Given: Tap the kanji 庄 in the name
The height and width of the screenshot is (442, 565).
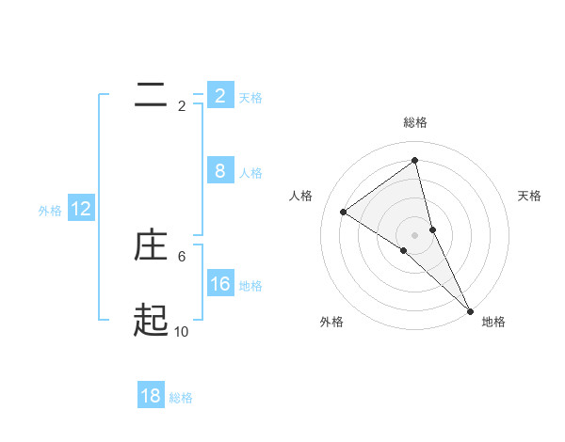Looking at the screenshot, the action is [151, 245].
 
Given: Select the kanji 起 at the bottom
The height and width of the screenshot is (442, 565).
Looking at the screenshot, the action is [151, 321].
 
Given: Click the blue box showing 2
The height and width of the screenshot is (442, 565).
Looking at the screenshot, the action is [219, 95].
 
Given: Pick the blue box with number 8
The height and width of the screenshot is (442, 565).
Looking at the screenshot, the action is [219, 170].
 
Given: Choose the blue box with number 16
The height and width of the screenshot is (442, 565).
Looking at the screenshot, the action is [219, 283].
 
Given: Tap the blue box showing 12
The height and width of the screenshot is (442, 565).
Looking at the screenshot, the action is [81, 209].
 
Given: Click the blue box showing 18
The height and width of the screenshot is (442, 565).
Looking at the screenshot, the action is [151, 396].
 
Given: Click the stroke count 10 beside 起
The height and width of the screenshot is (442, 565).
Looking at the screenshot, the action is [182, 331].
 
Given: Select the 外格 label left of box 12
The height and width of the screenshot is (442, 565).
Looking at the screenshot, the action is [50, 211].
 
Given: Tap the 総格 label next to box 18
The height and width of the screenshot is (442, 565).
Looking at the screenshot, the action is [181, 398].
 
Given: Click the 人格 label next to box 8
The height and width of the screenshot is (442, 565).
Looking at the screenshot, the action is [250, 173].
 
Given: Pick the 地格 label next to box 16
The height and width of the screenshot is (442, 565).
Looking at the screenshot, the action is [250, 286].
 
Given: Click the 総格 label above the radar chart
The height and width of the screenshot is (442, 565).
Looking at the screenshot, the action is [414, 122].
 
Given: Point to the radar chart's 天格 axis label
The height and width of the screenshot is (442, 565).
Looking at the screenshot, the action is [529, 196].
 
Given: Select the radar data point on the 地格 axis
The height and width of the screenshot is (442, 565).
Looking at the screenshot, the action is [469, 309].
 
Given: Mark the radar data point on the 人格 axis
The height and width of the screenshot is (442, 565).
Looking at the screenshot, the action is [343, 212].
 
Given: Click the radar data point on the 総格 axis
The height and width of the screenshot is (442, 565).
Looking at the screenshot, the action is [414, 160].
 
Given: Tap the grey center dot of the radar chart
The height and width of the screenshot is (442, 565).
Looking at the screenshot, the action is [414, 234].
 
